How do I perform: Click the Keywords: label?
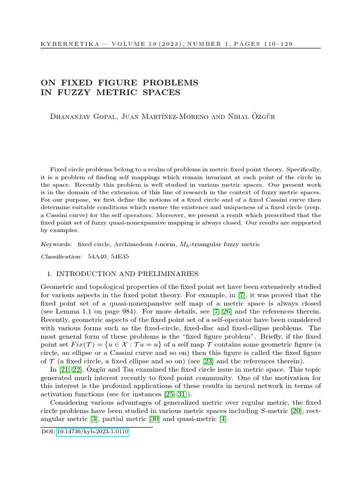click(x=57, y=244)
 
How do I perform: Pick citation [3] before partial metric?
click(x=94, y=419)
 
